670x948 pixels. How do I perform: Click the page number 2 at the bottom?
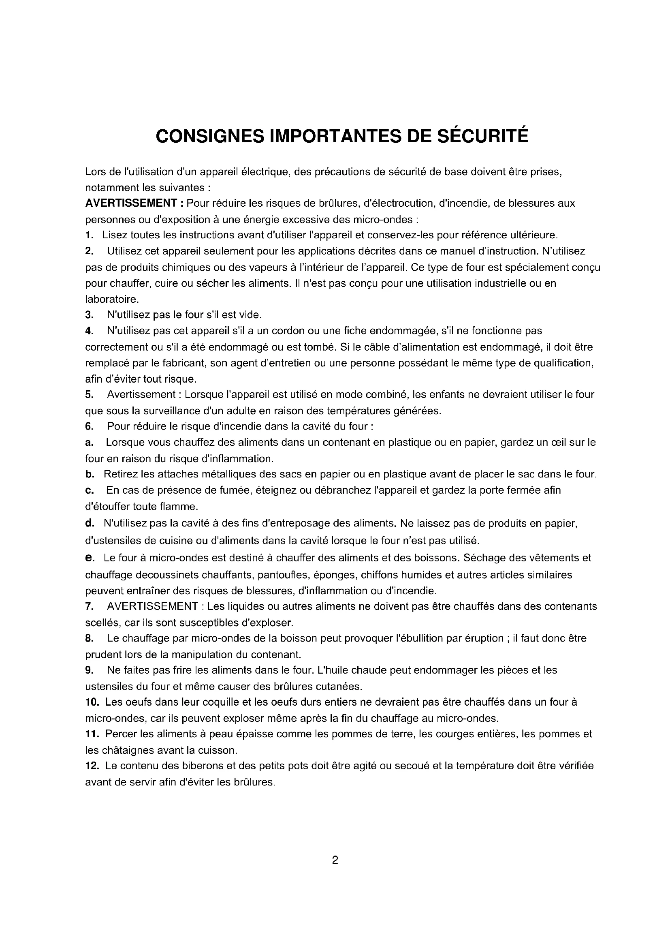point(335,860)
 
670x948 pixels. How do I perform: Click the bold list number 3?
point(89,315)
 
